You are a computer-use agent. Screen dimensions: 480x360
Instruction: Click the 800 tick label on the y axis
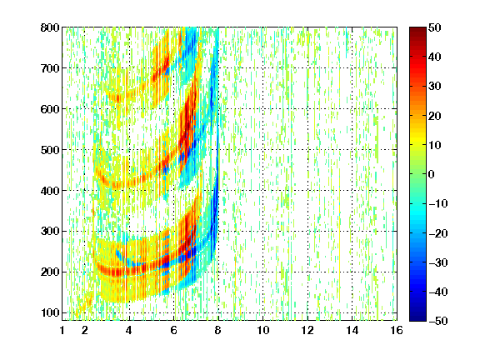click(x=50, y=27)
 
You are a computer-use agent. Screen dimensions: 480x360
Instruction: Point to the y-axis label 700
click(x=50, y=68)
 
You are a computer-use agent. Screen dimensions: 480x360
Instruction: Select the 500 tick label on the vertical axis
click(x=50, y=150)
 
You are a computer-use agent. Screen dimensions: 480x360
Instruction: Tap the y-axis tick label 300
click(x=50, y=232)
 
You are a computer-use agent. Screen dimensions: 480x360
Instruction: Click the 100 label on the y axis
click(x=50, y=312)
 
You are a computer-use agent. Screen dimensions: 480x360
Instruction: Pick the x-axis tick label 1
click(x=62, y=330)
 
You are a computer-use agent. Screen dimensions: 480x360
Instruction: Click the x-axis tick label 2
click(x=85, y=330)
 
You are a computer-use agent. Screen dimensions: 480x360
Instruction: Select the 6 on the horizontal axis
click(x=174, y=330)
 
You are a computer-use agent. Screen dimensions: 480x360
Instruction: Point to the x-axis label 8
click(x=218, y=330)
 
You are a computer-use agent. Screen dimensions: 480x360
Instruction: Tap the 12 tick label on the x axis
click(x=307, y=330)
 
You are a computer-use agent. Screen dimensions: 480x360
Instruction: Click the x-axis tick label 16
click(x=397, y=330)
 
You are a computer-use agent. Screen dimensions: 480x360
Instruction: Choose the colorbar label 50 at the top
click(x=435, y=27)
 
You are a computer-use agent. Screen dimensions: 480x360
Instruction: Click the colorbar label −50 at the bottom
click(x=438, y=321)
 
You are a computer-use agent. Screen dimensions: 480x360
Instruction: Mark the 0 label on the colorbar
click(x=432, y=174)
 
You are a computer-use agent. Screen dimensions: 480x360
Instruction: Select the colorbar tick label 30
click(x=435, y=87)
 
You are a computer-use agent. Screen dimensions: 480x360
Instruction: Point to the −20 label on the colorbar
click(x=438, y=233)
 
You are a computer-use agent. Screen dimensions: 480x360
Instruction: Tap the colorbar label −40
click(x=438, y=292)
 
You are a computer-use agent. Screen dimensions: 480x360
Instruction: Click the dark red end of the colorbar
click(x=417, y=31)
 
